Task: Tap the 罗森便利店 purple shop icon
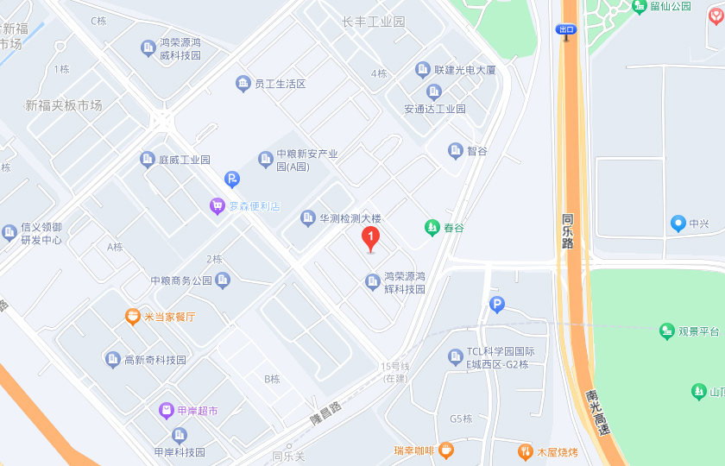pos(217,205)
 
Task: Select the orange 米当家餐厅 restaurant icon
pos(133,317)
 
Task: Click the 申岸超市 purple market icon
pos(166,410)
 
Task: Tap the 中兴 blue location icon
pos(678,224)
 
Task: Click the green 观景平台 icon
pos(666,331)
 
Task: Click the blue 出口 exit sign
pos(566,29)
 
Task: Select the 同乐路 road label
pos(567,230)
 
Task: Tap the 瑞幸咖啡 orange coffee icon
pos(445,450)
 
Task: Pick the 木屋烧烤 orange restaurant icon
pos(525,451)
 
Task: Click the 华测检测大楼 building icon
pos(308,218)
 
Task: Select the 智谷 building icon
pos(456,151)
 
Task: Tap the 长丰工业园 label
pos(373,22)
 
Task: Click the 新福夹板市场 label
pos(64,105)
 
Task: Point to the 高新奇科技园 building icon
pos(112,359)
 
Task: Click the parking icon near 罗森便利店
pos(231,179)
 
